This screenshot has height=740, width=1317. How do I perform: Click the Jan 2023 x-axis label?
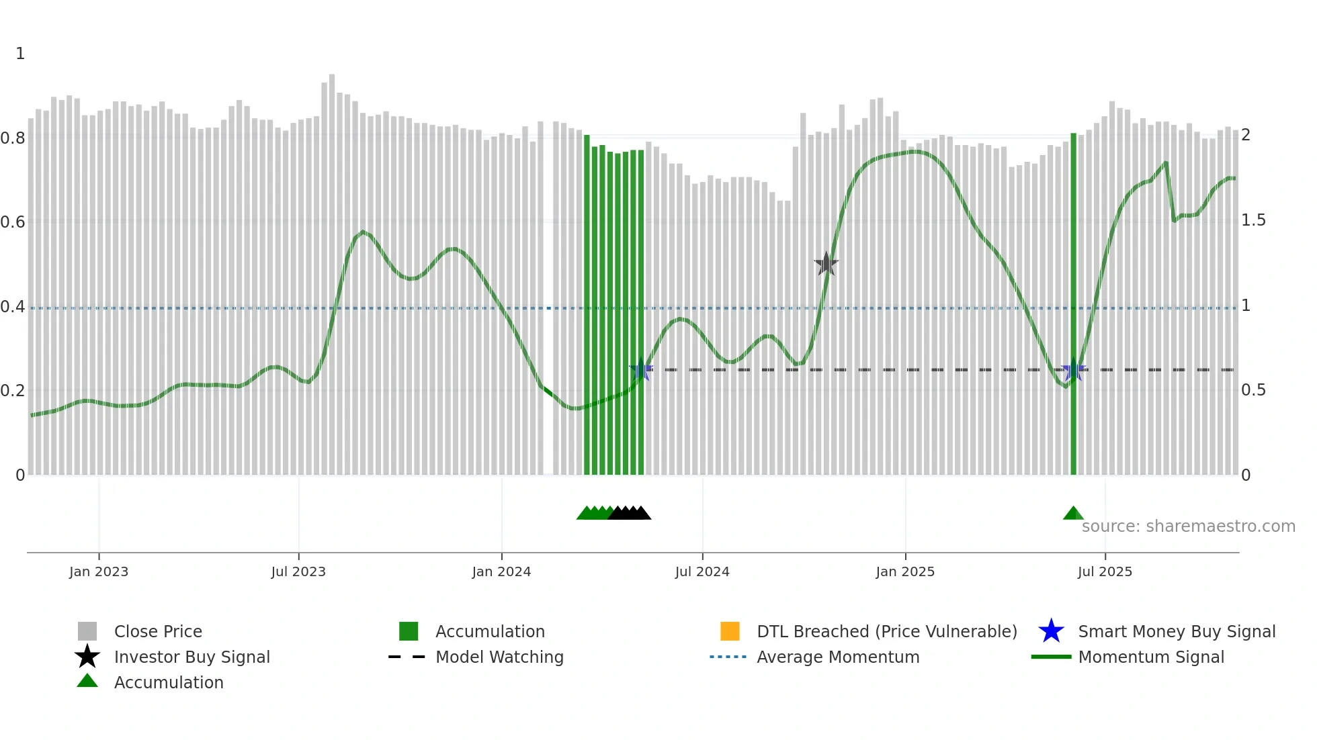(98, 571)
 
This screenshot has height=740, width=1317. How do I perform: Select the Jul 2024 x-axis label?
(702, 571)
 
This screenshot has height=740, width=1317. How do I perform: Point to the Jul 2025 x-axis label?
(1104, 571)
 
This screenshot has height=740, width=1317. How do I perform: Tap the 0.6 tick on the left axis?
(13, 222)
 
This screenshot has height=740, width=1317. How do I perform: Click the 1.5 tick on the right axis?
(1252, 220)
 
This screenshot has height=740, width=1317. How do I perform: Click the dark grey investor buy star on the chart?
(826, 264)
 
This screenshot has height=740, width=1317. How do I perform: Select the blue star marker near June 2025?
(1073, 370)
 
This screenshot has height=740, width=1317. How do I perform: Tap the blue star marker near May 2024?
(641, 370)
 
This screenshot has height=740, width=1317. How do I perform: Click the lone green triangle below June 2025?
(1073, 514)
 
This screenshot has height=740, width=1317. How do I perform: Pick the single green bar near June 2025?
(1073, 302)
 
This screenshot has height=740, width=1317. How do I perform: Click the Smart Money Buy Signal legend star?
(1051, 631)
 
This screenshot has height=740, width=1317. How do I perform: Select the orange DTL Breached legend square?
(730, 631)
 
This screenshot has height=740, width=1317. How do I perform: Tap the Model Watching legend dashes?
(407, 657)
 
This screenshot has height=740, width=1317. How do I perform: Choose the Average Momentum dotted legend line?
(728, 657)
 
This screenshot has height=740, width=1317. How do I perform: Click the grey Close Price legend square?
(87, 631)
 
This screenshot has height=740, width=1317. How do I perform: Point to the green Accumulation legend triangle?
(87, 681)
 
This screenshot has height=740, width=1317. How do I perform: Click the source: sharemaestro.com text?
(1188, 526)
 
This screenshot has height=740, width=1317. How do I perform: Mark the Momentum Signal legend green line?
(1051, 657)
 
